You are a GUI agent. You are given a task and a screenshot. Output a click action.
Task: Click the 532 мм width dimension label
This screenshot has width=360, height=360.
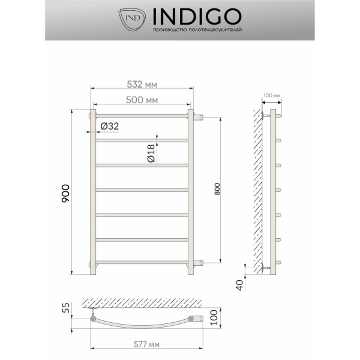142,85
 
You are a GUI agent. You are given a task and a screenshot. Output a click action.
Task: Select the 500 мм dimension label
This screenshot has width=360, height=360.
142,100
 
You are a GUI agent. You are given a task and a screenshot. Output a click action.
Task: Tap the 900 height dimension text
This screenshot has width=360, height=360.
65,193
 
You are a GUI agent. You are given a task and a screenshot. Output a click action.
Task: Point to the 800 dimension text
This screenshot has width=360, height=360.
217,189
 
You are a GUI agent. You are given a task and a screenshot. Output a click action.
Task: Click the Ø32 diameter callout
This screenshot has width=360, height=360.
110,126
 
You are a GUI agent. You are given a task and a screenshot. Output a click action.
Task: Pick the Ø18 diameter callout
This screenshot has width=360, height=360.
151,154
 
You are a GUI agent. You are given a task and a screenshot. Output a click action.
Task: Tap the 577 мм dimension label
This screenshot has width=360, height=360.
146,344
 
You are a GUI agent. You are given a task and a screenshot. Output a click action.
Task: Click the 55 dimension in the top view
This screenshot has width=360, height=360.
65,308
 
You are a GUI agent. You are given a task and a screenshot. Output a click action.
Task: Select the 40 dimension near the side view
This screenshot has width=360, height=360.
239,285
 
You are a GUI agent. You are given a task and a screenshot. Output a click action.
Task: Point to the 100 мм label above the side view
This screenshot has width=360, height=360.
272,95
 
